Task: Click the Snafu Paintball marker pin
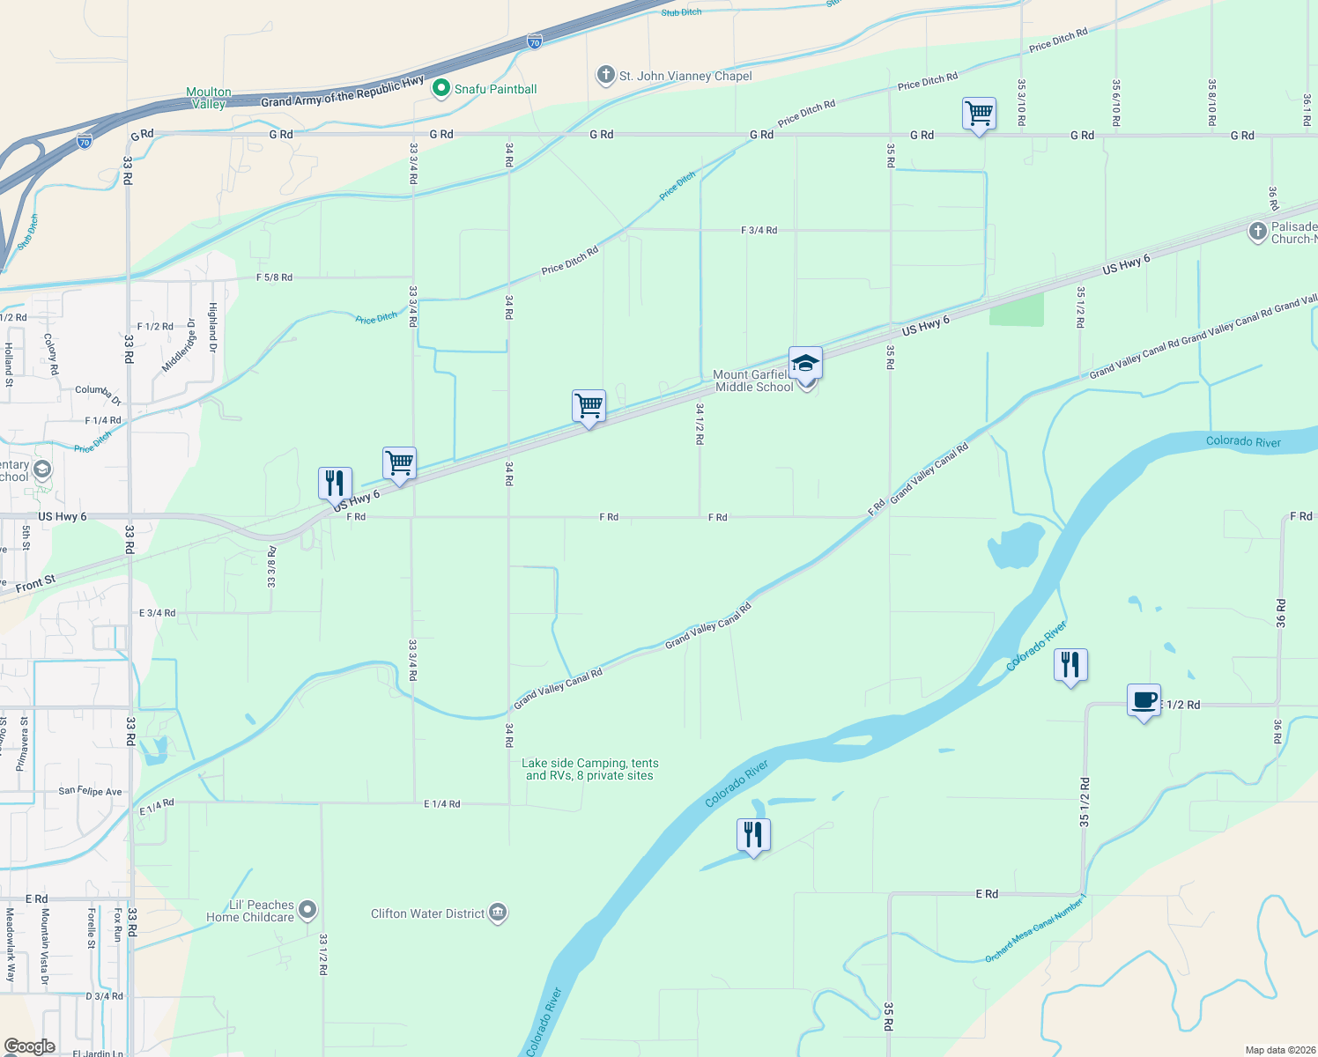click(x=441, y=89)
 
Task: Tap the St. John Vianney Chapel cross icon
click(x=605, y=75)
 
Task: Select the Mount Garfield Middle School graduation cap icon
click(x=805, y=363)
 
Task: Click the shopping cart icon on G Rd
click(x=979, y=114)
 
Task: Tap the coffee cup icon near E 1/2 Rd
click(x=1144, y=700)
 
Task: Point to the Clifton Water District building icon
click(x=498, y=913)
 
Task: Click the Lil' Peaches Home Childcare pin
click(x=307, y=910)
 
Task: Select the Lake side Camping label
click(x=589, y=770)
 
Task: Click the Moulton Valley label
click(x=209, y=98)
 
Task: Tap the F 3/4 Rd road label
click(x=759, y=230)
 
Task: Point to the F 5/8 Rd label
click(x=274, y=277)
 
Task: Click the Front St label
click(x=35, y=583)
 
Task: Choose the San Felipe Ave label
click(x=90, y=791)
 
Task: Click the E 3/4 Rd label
click(x=157, y=613)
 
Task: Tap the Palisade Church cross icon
click(x=1257, y=233)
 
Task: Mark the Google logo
click(x=29, y=1046)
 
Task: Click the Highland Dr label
click(x=212, y=322)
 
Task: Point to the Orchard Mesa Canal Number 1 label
click(x=1036, y=928)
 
